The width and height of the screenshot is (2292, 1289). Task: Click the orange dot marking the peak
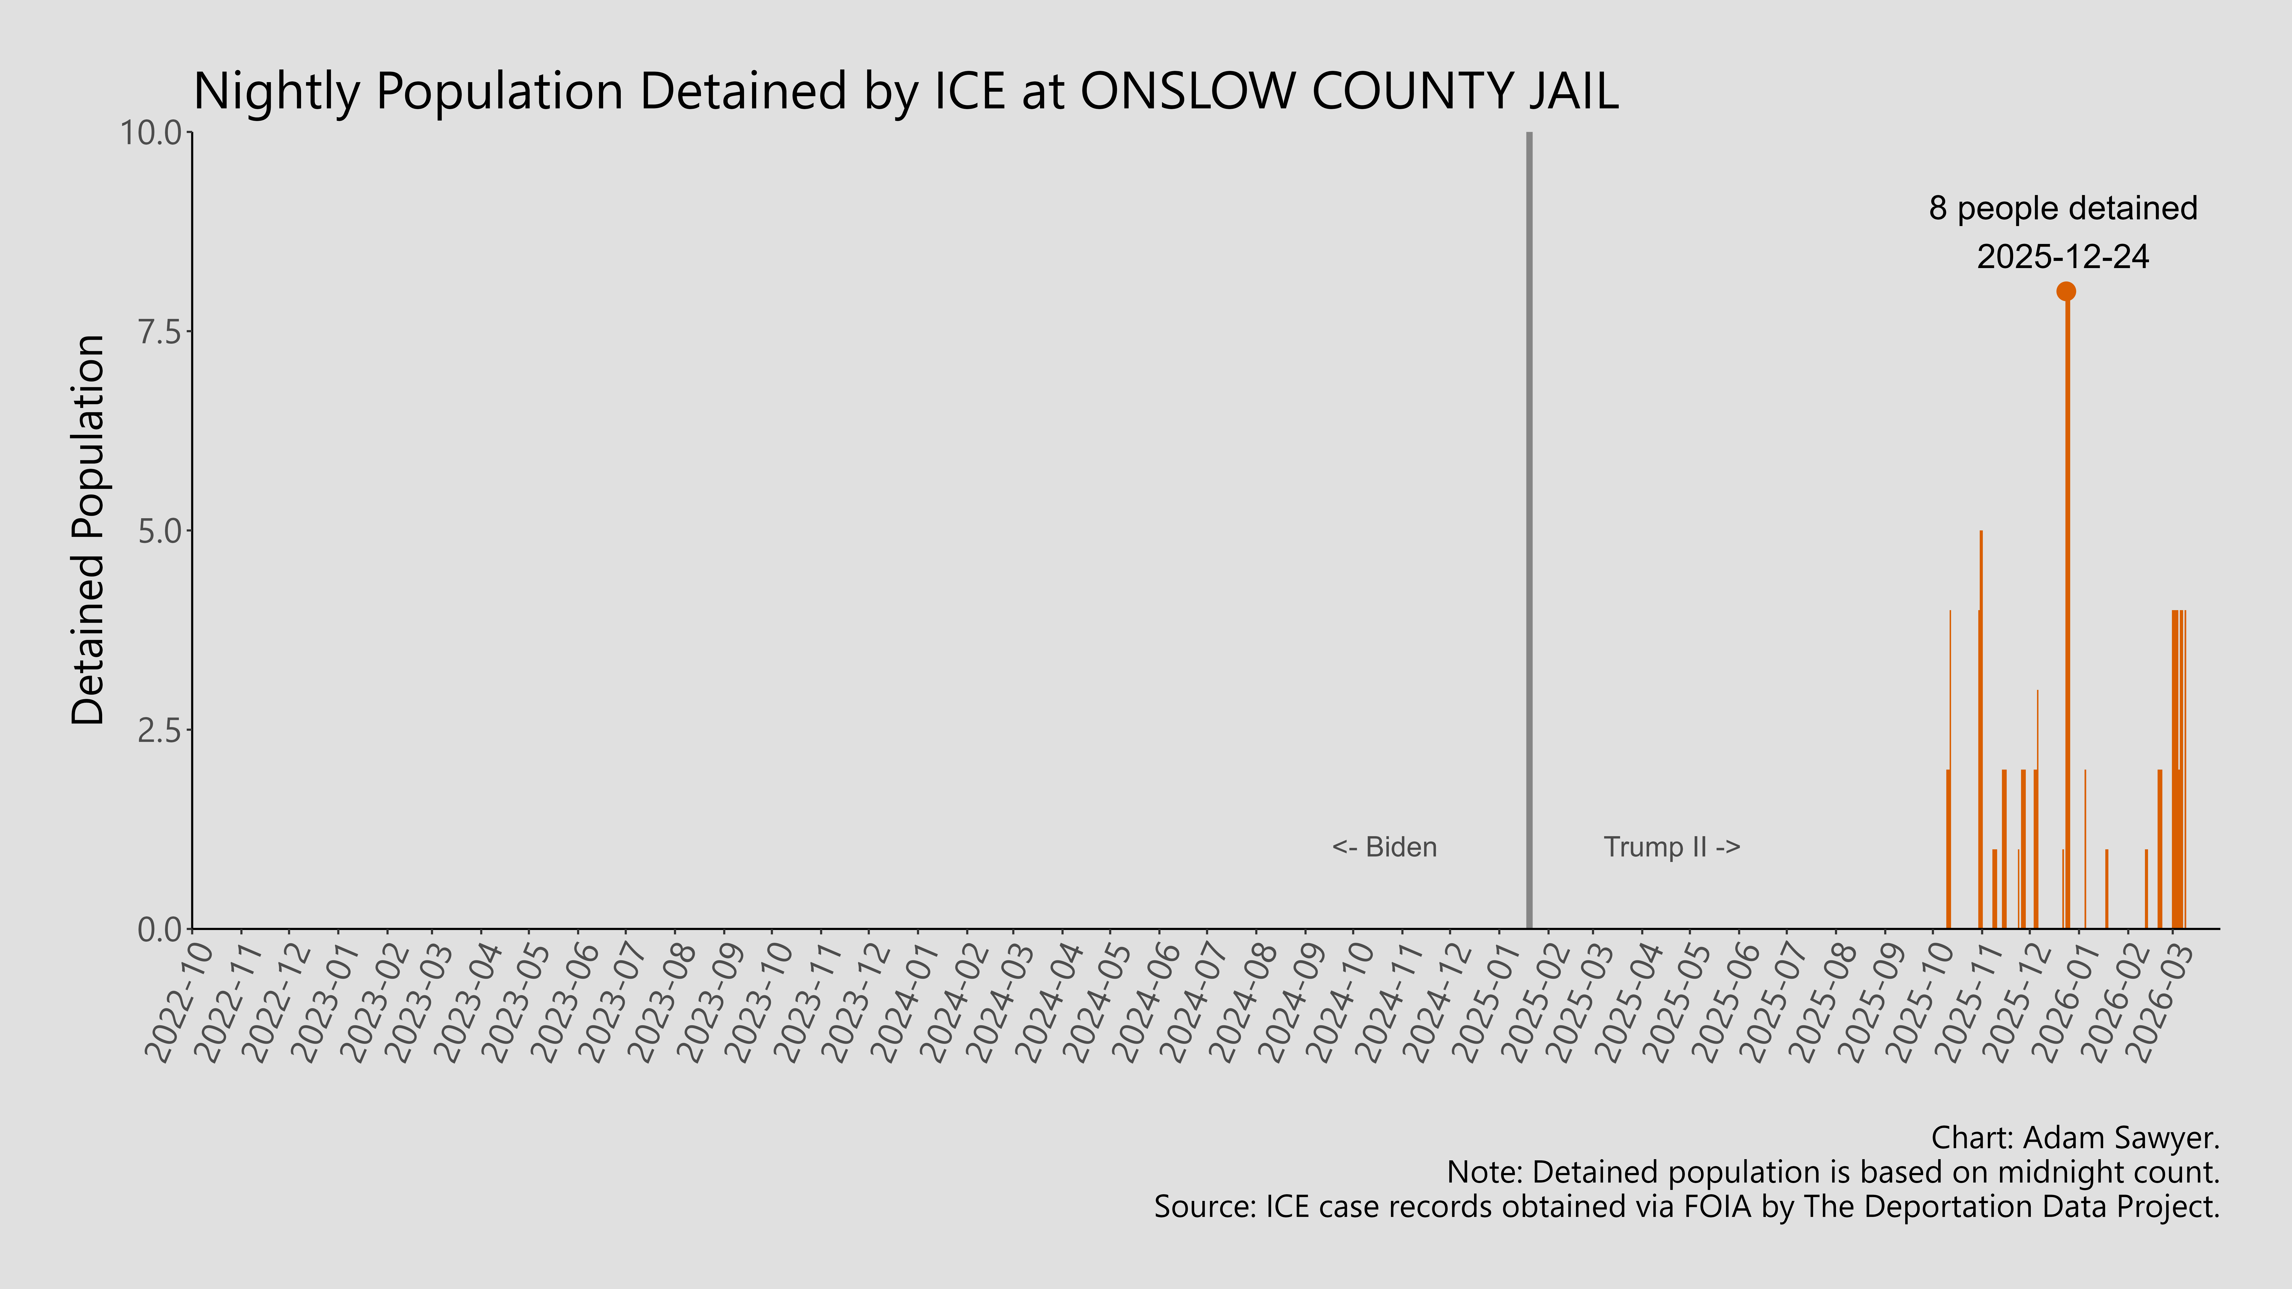(2066, 291)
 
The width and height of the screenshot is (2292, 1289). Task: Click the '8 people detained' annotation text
(2063, 208)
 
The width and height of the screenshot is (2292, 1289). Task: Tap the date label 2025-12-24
(2063, 257)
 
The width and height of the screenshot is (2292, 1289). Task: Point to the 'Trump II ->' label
(1672, 847)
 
